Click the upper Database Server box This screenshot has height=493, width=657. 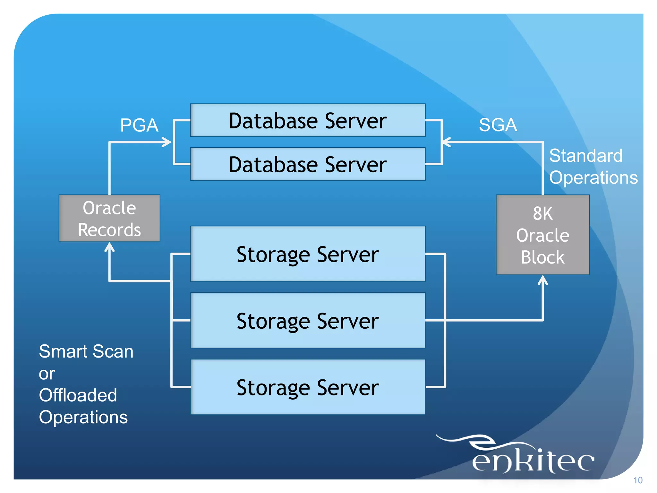tap(308, 120)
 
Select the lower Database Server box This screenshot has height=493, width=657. tap(308, 164)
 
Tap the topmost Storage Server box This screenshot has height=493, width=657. tap(308, 254)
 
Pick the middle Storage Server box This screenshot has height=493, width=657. tap(308, 320)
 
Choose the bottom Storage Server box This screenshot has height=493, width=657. tap(308, 387)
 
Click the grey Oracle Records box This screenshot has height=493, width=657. tap(109, 218)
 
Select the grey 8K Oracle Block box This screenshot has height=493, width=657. tap(542, 235)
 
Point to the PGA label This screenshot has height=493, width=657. tap(139, 125)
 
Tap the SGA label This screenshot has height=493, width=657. tap(498, 125)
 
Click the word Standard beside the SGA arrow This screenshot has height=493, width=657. tap(585, 156)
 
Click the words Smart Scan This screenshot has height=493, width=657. tap(86, 351)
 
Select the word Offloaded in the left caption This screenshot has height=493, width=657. tap(78, 395)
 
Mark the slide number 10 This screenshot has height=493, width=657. tap(638, 480)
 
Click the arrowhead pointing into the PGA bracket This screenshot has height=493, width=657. tap(167, 142)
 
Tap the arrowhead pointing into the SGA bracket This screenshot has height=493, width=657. tap(446, 142)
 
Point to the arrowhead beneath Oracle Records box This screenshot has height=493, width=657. tap(110, 247)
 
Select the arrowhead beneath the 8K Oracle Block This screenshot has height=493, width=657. tap(542, 280)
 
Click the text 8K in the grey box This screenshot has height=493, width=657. tap(542, 213)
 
